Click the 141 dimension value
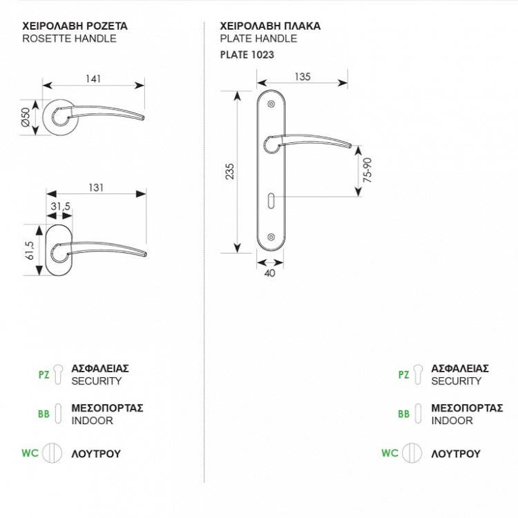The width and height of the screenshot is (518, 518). (94, 78)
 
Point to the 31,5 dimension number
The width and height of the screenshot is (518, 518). (60, 207)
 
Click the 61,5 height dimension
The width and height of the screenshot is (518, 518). (27, 250)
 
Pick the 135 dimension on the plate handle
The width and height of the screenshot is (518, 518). (302, 77)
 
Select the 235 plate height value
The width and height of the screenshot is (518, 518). (230, 171)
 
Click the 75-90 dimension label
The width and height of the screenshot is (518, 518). (368, 169)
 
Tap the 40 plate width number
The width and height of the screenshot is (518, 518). (269, 274)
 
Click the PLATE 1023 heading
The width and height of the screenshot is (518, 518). (247, 53)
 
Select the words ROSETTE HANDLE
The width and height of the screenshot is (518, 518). (70, 39)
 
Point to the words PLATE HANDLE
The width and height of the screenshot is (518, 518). (258, 39)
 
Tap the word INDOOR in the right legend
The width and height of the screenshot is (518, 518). (452, 420)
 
